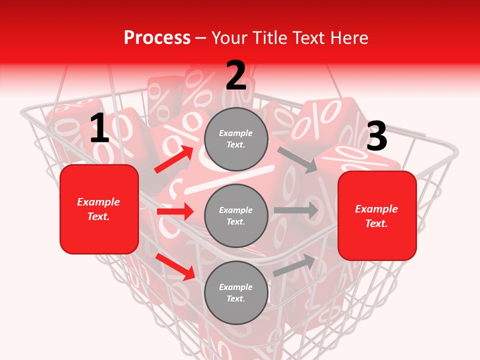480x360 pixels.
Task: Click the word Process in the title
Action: point(157,37)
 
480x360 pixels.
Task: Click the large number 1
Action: point(99,128)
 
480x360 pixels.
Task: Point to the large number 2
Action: point(236,76)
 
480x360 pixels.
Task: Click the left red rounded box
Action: point(99,209)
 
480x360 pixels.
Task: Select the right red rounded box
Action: point(377,216)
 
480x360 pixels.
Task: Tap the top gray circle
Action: point(236,139)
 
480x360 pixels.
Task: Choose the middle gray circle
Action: point(236,215)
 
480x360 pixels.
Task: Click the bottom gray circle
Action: point(236,292)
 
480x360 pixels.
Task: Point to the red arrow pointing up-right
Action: point(173,159)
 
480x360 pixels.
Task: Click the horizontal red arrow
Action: point(175,212)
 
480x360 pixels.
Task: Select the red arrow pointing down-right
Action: point(175,266)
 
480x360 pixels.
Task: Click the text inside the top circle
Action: point(236,139)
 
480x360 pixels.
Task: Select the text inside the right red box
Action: point(377,216)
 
